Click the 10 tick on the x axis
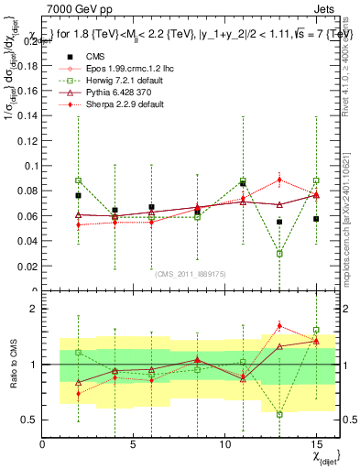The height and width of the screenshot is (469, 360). [225, 444]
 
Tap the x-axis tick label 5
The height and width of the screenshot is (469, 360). [134, 444]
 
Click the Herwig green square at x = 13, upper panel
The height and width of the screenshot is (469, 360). [279, 254]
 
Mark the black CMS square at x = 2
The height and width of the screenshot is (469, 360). [79, 195]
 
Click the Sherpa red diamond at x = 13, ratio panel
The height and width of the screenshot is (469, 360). [279, 326]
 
